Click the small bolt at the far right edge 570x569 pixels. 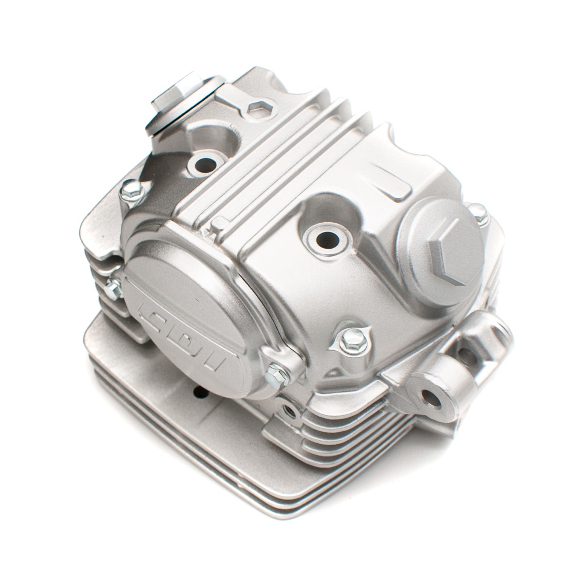pyautogui.click(x=477, y=210)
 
